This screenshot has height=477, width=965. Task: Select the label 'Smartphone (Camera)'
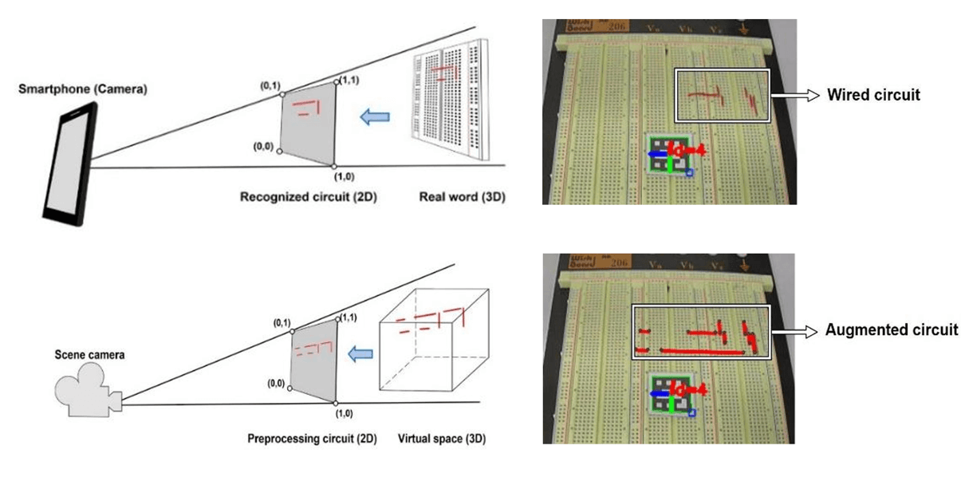point(83,90)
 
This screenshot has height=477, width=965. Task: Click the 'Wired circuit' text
point(873,95)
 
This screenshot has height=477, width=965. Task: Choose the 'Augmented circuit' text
point(892,329)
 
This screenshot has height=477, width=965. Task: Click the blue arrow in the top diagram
point(373,117)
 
